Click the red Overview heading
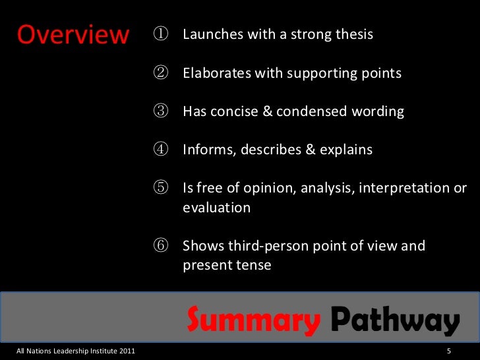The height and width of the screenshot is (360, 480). (x=73, y=36)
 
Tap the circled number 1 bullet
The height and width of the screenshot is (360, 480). (x=162, y=34)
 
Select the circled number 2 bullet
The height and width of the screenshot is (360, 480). (x=162, y=73)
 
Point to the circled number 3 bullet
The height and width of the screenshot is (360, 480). (x=162, y=111)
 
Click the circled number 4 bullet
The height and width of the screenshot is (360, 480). (x=162, y=150)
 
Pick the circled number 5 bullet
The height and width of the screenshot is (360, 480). (x=162, y=189)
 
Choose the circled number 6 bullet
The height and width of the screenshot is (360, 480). (x=162, y=247)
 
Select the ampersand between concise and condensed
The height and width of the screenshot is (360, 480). (x=268, y=111)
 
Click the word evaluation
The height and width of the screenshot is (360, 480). (x=216, y=208)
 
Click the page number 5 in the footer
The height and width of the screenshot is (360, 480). (x=448, y=350)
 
